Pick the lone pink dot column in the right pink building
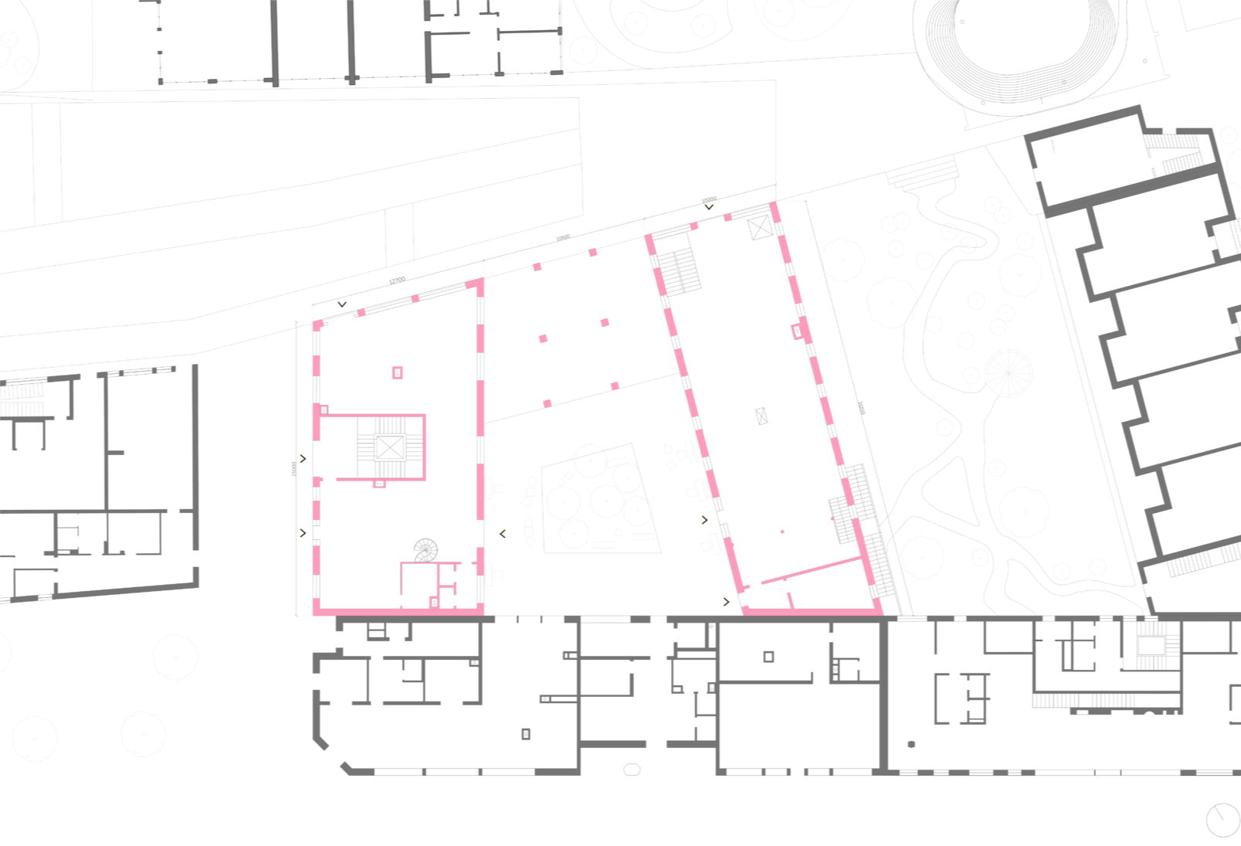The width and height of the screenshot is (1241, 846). click(x=782, y=532)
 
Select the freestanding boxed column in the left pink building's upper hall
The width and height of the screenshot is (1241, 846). click(x=398, y=372)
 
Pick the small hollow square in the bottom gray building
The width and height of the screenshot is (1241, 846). click(x=768, y=657)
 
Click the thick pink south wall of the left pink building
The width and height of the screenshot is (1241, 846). click(x=398, y=610)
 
